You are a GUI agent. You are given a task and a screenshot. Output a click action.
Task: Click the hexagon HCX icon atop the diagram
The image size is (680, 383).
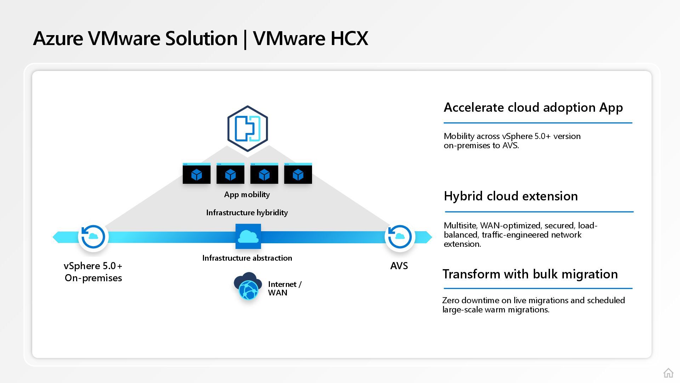[248, 128]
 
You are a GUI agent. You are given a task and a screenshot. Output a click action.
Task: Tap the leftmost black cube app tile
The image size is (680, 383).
[197, 174]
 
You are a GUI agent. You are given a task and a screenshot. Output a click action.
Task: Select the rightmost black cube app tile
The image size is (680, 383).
[298, 174]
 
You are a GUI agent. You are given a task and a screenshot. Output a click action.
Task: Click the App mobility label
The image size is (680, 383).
[247, 194]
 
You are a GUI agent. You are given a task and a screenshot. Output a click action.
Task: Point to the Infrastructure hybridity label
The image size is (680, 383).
[247, 212]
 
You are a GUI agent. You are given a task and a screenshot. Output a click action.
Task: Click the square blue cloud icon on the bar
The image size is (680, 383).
[248, 236]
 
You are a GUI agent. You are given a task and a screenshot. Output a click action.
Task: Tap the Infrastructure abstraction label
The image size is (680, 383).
[247, 258]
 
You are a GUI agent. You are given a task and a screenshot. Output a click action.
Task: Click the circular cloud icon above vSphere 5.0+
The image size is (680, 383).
[93, 237]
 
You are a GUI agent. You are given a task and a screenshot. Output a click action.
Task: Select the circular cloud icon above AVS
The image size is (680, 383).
[399, 237]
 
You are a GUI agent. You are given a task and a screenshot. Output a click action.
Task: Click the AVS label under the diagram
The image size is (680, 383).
[399, 266]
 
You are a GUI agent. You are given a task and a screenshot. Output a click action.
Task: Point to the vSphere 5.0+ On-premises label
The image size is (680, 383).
[93, 272]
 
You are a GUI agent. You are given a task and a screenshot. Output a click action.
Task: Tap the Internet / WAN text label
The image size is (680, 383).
[284, 288]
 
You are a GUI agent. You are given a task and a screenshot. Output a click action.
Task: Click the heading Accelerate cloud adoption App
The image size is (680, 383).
[533, 107]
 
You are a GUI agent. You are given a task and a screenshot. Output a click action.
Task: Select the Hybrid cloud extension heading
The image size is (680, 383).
[510, 196]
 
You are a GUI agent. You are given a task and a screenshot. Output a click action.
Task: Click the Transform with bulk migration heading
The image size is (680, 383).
[530, 274]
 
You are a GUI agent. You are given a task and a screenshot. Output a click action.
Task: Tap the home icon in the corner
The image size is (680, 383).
[668, 373]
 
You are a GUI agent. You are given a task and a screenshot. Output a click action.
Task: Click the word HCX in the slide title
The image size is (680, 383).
[349, 38]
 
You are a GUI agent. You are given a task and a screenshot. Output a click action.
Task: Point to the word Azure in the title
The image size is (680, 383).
[58, 38]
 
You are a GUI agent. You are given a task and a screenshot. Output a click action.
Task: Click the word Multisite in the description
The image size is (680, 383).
[460, 226]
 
